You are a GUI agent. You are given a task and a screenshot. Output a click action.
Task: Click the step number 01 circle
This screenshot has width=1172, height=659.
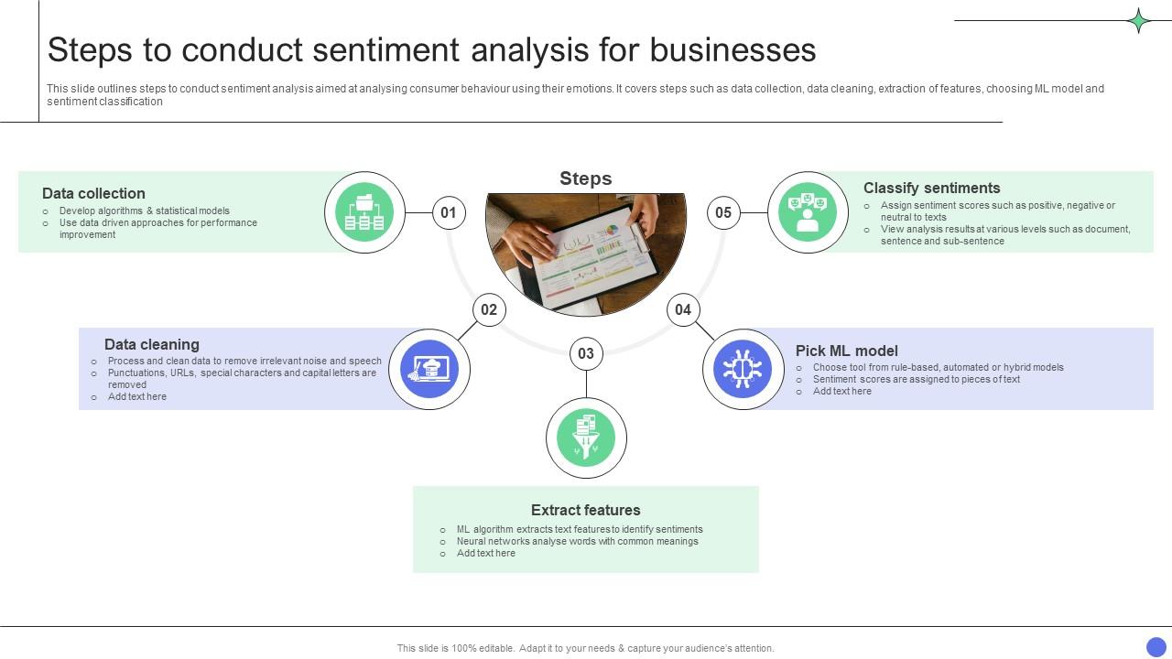(x=448, y=213)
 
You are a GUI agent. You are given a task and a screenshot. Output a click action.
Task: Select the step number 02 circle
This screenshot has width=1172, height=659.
(x=489, y=309)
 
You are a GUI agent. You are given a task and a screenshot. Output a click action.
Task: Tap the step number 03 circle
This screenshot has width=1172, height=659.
(x=586, y=353)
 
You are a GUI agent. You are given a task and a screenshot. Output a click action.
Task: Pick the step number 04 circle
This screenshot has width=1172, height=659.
(x=683, y=309)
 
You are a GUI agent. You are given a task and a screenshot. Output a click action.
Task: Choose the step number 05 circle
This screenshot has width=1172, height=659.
(x=723, y=213)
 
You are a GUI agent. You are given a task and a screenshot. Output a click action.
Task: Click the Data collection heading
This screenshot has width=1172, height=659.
(x=93, y=193)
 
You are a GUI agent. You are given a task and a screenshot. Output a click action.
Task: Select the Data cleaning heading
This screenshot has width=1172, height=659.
(x=151, y=344)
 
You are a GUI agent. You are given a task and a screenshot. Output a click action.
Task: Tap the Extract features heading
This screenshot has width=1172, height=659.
(x=585, y=510)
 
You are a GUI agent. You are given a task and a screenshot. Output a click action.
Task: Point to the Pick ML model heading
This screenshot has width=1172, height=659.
(x=846, y=351)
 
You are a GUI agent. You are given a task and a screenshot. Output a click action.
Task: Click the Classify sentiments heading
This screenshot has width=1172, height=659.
(x=931, y=188)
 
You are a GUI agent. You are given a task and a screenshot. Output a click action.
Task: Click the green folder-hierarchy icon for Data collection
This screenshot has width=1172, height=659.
(x=364, y=212)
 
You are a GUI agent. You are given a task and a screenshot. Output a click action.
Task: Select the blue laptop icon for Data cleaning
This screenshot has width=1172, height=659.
(x=429, y=369)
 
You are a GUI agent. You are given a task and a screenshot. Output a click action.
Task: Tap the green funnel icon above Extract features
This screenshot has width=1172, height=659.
(x=586, y=438)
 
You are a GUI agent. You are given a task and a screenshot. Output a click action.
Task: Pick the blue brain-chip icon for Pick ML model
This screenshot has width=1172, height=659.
(x=743, y=369)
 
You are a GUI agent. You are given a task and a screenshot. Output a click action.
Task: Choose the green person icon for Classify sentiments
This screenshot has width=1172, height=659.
(x=808, y=212)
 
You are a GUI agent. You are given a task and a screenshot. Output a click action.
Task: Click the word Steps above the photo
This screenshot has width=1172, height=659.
(x=585, y=178)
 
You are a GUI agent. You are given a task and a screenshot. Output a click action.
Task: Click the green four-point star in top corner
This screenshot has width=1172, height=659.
(x=1138, y=20)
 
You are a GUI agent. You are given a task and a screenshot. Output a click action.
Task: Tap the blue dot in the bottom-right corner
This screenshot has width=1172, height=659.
(x=1156, y=647)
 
